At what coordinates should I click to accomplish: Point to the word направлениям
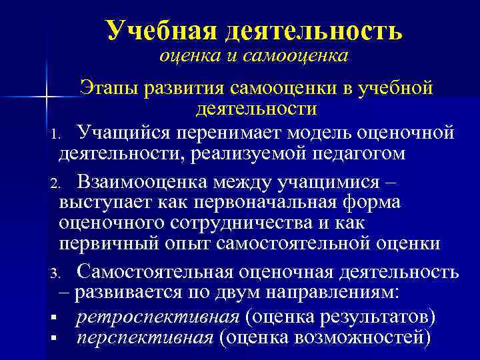click(x=325, y=293)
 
